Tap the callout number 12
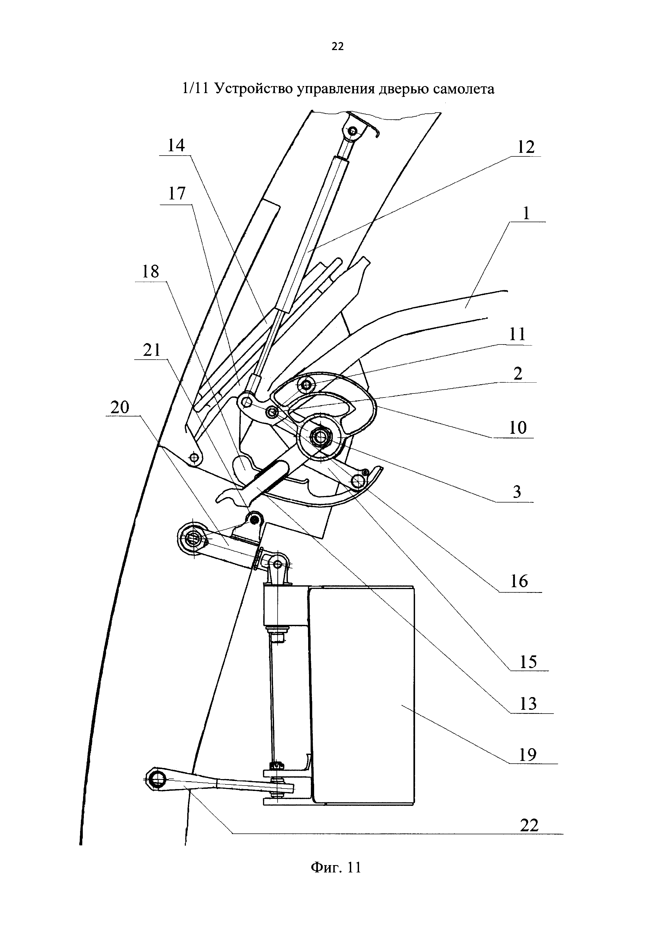click(525, 147)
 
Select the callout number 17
click(177, 194)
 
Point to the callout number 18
click(150, 272)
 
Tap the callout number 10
click(517, 427)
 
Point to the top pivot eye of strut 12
click(353, 132)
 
